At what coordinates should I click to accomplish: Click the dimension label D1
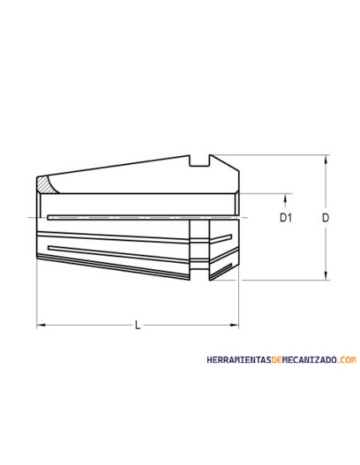(285, 217)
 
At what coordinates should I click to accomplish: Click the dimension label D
(325, 217)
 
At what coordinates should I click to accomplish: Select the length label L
(138, 325)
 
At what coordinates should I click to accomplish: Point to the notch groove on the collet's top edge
(199, 162)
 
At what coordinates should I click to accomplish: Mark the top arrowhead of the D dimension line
(326, 159)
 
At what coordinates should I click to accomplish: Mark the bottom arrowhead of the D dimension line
(326, 275)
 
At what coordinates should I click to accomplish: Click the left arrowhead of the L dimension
(41, 325)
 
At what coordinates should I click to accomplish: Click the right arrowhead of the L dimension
(234, 325)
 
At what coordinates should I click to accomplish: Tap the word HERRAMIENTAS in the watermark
(237, 360)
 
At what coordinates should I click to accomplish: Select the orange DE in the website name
(276, 360)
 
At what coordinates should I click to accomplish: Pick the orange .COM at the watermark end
(347, 360)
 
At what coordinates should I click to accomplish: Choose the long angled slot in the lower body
(119, 252)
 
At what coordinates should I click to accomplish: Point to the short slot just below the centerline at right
(223, 238)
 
